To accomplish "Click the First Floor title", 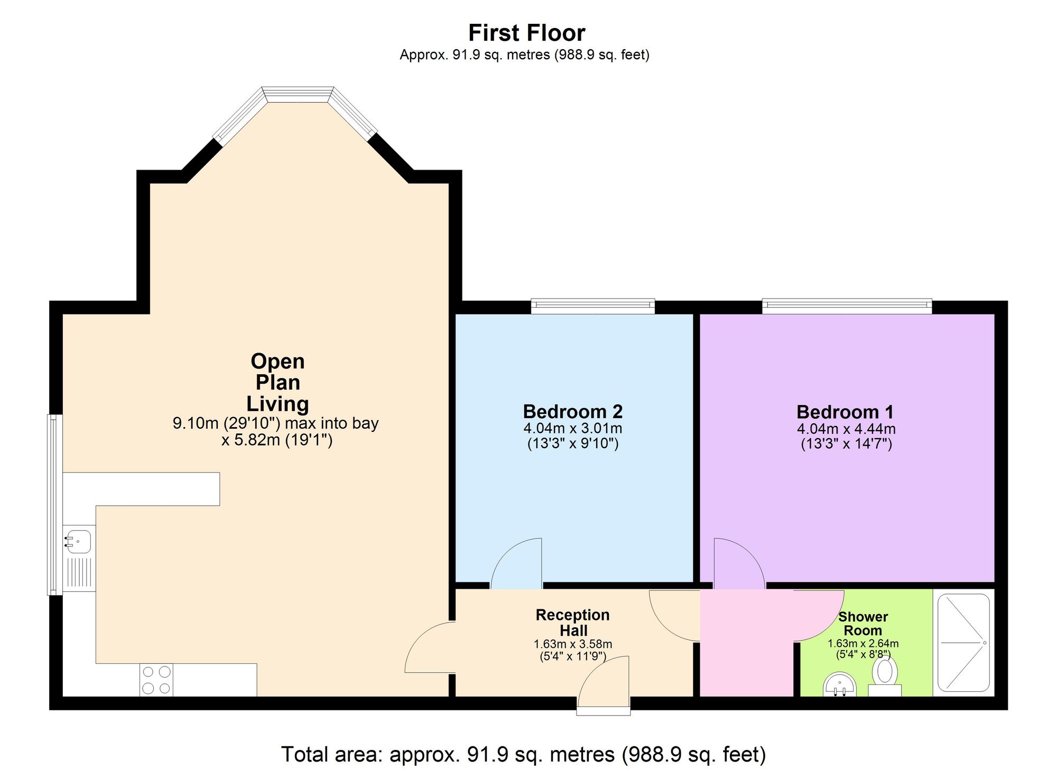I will [526, 33].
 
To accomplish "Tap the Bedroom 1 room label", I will [845, 412].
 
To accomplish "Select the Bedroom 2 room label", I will [572, 411].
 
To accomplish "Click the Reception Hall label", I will [573, 623].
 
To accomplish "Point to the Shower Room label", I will [863, 624].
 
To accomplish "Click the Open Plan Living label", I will [277, 382].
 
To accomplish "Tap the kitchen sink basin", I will [79, 542].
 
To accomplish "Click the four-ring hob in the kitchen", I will [156, 680].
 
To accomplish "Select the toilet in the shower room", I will [885, 674].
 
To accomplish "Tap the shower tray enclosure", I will [963, 643].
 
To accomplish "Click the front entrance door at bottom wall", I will [604, 684].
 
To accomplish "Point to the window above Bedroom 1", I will [846, 305].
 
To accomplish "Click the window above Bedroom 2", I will [592, 305].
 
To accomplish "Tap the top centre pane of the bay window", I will [298, 94].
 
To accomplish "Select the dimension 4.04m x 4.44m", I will [846, 429].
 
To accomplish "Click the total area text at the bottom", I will [523, 754].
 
